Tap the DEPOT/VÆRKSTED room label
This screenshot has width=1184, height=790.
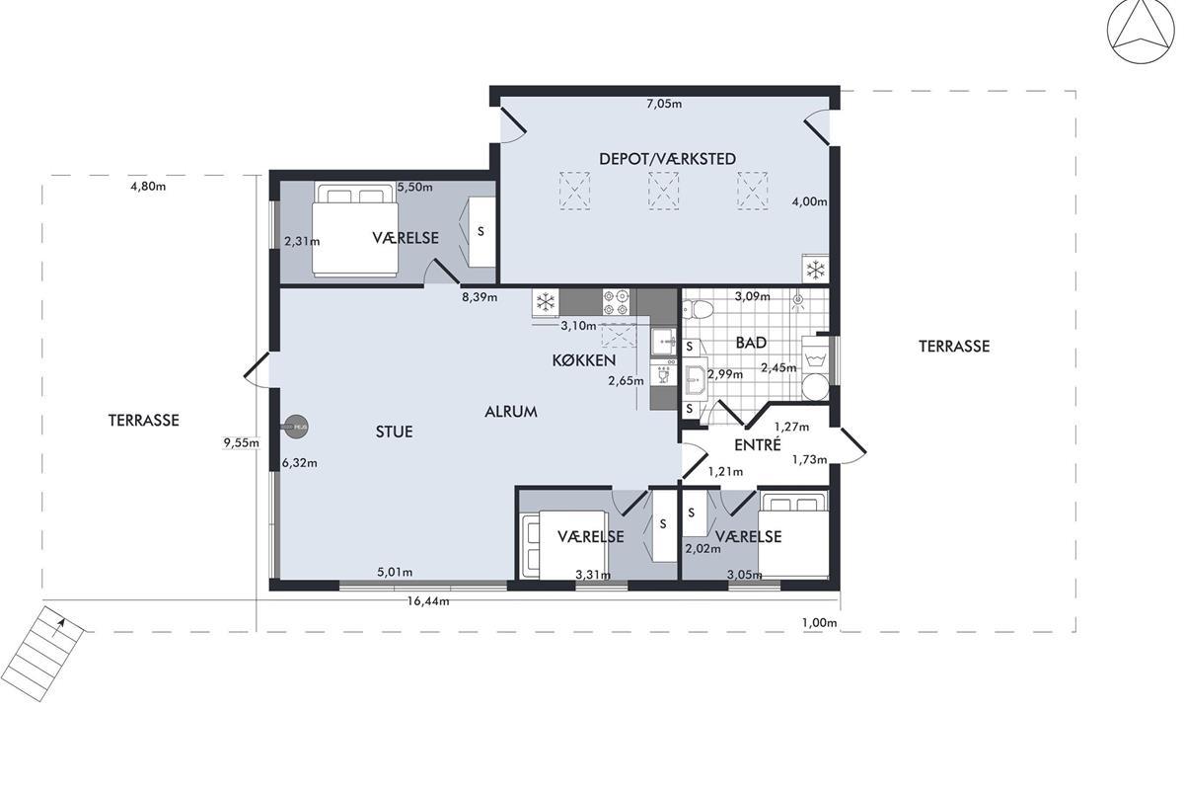pos(667,159)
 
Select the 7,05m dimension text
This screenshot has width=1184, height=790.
pos(664,104)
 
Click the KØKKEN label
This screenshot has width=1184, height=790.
pos(584,360)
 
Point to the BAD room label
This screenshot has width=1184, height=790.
pos(751,343)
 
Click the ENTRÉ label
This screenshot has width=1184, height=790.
pos(758,445)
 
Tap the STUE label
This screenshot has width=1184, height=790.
pos(395,432)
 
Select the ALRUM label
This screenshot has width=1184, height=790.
pos(511,412)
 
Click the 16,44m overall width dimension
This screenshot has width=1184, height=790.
pos(428,601)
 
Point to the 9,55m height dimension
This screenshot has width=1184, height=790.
pos(241,442)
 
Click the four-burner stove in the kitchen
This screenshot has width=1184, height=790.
pos(616,302)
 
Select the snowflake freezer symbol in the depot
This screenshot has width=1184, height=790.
pos(816,270)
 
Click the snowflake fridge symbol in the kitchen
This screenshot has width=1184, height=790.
pos(546,302)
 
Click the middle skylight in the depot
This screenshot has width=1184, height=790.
pos(663,191)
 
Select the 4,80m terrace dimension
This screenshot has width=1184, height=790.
pos(148,187)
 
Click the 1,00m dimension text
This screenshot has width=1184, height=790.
pos(819,623)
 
